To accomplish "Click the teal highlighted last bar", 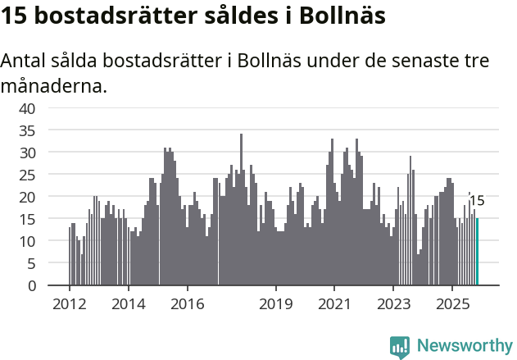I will click(478, 252).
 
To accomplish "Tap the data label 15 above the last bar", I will click(477, 201).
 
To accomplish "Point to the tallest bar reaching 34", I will click(241, 210).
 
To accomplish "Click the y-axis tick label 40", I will click(27, 108).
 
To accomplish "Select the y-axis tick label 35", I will click(27, 130).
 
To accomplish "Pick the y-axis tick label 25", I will click(27, 175).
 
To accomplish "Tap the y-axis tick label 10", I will click(27, 241).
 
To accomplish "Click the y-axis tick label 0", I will click(31, 286).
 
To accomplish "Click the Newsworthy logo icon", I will click(400, 346).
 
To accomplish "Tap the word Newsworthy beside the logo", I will click(464, 346).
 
